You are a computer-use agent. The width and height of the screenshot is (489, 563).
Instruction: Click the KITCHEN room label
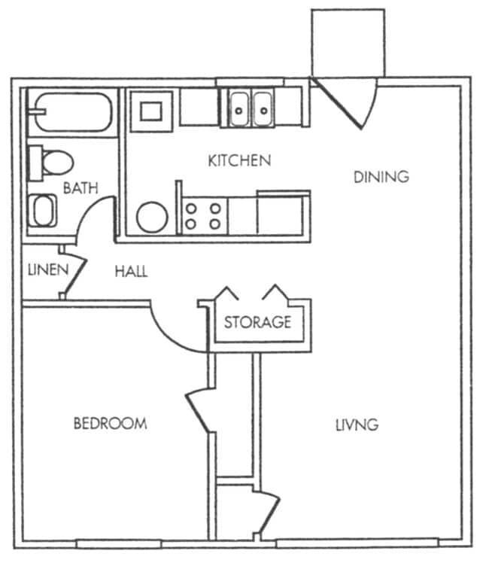point(238,160)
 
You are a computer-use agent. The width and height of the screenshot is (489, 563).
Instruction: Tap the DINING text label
point(381,177)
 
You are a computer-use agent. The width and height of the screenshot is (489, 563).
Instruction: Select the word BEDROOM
point(110,423)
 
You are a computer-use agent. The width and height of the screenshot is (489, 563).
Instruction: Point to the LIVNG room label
point(357,425)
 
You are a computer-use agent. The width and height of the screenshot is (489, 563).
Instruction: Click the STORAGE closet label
point(257,322)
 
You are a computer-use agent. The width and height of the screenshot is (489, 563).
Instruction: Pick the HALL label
point(131,272)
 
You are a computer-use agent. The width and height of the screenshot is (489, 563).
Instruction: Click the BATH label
point(80,188)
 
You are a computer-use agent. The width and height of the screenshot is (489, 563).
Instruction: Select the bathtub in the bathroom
point(71,113)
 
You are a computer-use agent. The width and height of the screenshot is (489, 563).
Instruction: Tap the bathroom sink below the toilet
point(44,211)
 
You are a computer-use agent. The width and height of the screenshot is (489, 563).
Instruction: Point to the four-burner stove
point(204,215)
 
